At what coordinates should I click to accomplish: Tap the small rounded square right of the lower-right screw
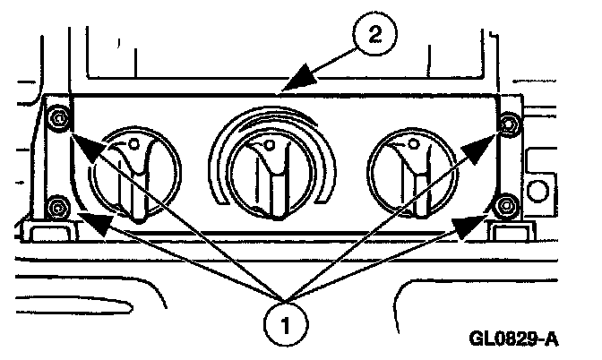[x=539, y=192]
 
